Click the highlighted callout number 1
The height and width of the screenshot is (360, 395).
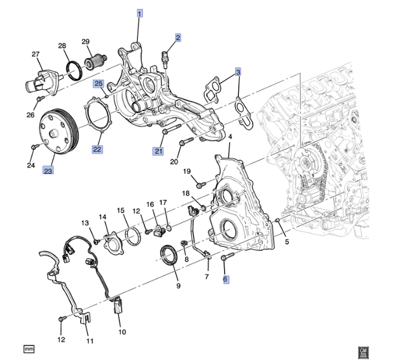pos(140,13)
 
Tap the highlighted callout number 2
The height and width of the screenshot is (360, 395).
pos(178,38)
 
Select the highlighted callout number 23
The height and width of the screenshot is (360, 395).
pos(48,170)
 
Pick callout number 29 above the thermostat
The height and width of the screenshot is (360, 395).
pos(86,41)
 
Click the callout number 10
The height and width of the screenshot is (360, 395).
pos(122,332)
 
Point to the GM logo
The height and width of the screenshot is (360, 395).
pos(363,352)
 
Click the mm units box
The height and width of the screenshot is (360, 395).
pos(29,349)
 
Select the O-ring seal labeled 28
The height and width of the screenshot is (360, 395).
pos(74,71)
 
